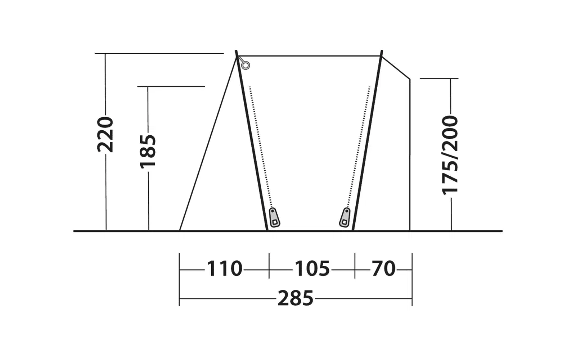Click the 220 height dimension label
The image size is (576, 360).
coord(105,135)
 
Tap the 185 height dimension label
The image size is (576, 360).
coord(148,152)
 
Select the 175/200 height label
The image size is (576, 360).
coord(450,155)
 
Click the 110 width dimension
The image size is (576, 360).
coord(225,269)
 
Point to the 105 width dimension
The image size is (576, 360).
coord(312,269)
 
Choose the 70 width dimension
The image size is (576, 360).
coord(383,269)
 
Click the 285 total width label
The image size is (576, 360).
coord(296,298)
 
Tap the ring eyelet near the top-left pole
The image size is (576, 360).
coord(246,65)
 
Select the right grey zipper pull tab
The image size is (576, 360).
coord(345,217)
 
